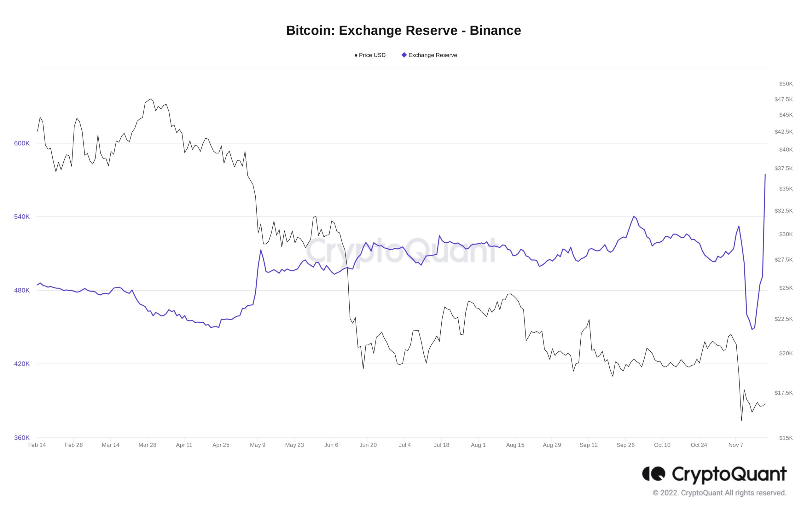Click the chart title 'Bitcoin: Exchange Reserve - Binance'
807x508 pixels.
[403, 31]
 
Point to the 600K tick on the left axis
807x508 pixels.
[22, 143]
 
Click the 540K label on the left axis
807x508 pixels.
[22, 217]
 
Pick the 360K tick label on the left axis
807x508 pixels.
[22, 438]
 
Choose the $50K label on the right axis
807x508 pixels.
[786, 84]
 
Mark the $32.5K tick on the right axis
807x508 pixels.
[783, 211]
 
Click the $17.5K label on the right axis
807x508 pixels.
[783, 393]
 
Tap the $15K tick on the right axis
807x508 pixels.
[786, 438]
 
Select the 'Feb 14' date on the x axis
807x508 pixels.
[37, 445]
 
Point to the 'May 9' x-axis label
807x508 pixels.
[257, 445]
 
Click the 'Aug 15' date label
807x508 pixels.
[515, 445]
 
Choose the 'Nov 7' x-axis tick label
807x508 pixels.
[736, 445]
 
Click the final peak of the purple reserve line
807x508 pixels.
[765, 175]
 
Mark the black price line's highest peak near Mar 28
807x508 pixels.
[151, 99]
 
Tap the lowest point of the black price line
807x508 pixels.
[741, 420]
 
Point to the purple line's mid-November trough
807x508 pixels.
[752, 329]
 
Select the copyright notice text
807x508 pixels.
[719, 493]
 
